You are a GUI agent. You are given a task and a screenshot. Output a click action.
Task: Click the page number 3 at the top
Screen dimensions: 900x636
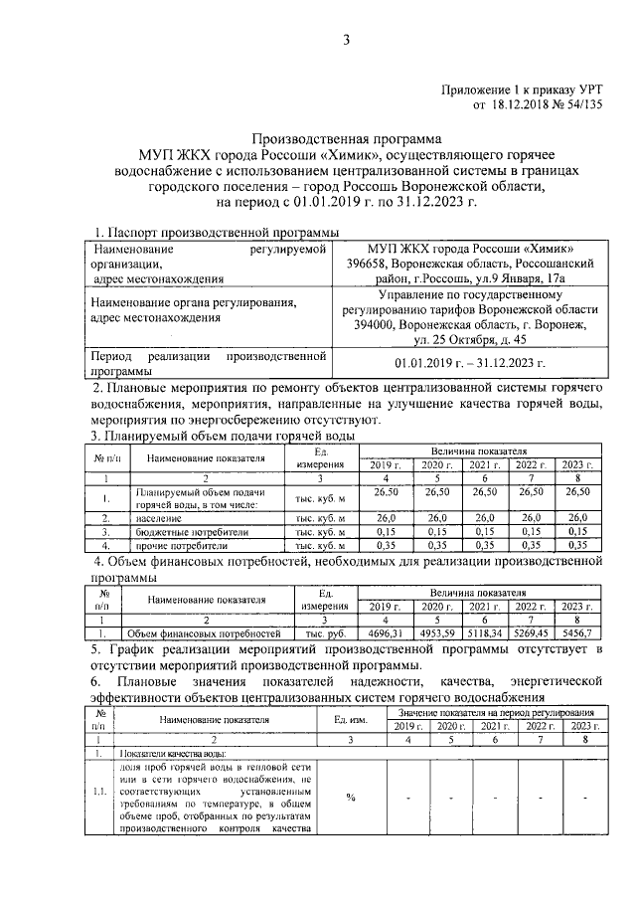tap(347, 40)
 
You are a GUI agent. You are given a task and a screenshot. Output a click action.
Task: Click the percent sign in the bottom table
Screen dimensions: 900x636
tap(350, 797)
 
